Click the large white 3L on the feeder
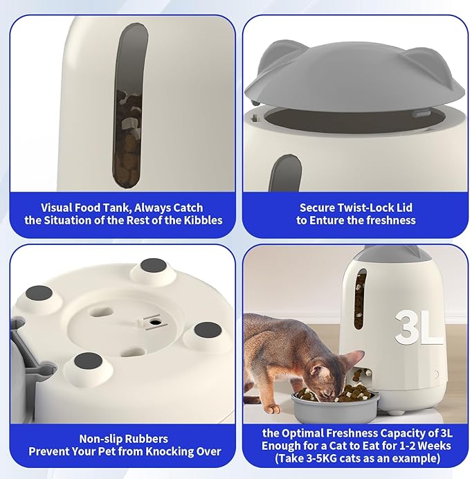point(418,328)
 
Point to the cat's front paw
point(273,408)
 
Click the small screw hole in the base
point(156,322)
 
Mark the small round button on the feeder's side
point(435,374)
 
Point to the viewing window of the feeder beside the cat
point(360,298)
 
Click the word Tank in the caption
point(118,208)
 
